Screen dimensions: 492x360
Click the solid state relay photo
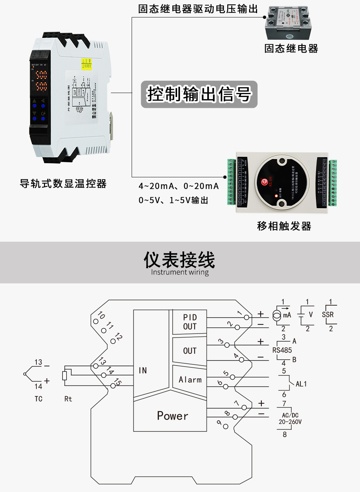tap(288, 23)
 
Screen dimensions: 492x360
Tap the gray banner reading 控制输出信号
tap(199, 94)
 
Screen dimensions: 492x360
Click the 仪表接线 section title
tap(179, 259)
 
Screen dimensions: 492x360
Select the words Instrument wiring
tap(180, 272)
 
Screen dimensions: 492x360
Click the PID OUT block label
tap(190, 322)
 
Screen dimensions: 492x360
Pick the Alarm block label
tap(190, 380)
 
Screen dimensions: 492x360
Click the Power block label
tap(172, 416)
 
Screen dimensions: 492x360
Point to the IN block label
tap(143, 370)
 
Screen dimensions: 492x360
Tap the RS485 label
tap(282, 350)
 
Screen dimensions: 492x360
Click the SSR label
tap(328, 315)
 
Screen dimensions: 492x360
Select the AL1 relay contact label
tap(301, 384)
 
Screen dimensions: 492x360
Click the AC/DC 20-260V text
tap(290, 419)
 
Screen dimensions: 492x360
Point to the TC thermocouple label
tap(39, 399)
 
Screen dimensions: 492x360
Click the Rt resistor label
tap(68, 399)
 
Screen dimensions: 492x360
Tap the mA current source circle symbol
tap(277, 315)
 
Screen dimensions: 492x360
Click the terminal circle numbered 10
tap(96, 321)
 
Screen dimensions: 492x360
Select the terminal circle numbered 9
tap(225, 426)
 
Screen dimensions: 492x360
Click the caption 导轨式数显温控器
tap(63, 184)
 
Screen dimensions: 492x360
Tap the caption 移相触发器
tap(284, 226)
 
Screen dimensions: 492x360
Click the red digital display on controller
tap(41, 81)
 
